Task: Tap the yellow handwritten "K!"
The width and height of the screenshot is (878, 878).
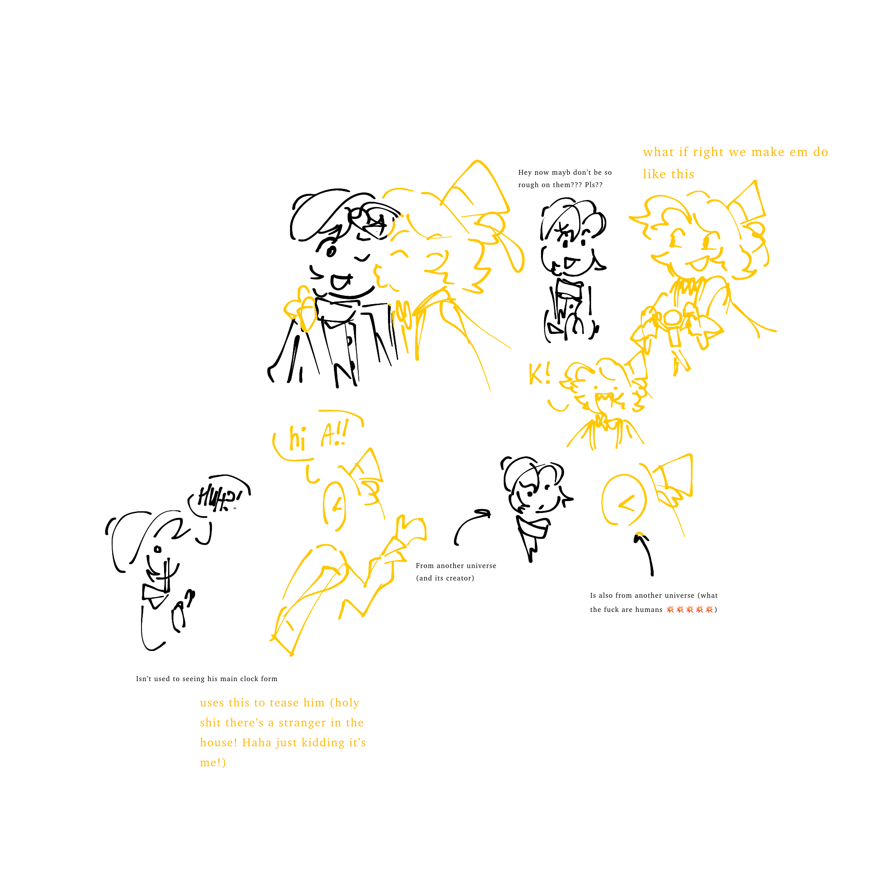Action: point(540,373)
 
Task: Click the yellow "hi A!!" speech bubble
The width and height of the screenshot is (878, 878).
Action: point(318,435)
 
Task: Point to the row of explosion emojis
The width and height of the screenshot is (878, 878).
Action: point(690,609)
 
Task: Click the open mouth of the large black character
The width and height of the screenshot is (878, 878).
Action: point(340,282)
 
